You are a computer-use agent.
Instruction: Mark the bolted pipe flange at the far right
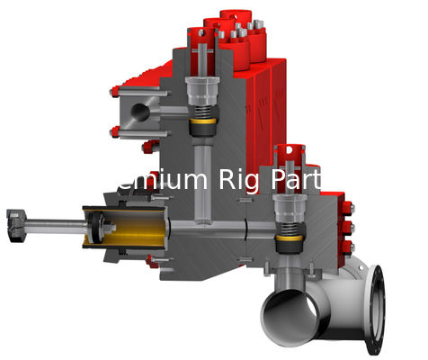pos(377,306)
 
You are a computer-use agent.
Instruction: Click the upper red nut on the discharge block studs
pos(114,92)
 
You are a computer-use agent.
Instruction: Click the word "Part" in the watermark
pos(297,179)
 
